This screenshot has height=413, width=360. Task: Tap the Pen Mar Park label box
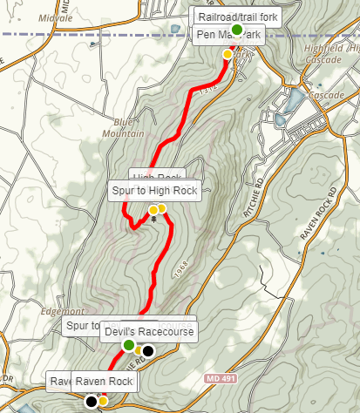pyautogui.click(x=229, y=35)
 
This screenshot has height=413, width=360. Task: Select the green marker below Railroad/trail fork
pyautogui.click(x=236, y=29)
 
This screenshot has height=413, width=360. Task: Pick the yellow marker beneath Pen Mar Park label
pyautogui.click(x=228, y=54)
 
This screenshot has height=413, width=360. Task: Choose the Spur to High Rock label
pyautogui.click(x=156, y=190)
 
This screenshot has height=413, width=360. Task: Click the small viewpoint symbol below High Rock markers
pyautogui.click(x=154, y=220)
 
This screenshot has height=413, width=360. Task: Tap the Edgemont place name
pyautogui.click(x=59, y=309)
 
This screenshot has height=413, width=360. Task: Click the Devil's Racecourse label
pyautogui.click(x=147, y=331)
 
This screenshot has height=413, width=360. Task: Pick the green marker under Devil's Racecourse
pyautogui.click(x=129, y=346)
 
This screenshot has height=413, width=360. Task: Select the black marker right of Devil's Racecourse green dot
pyautogui.click(x=148, y=351)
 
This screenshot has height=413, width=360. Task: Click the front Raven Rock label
pyautogui.click(x=104, y=382)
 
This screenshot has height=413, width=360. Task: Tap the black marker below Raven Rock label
pyautogui.click(x=91, y=402)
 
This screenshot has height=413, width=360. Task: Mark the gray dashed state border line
pyautogui.click(x=87, y=34)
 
